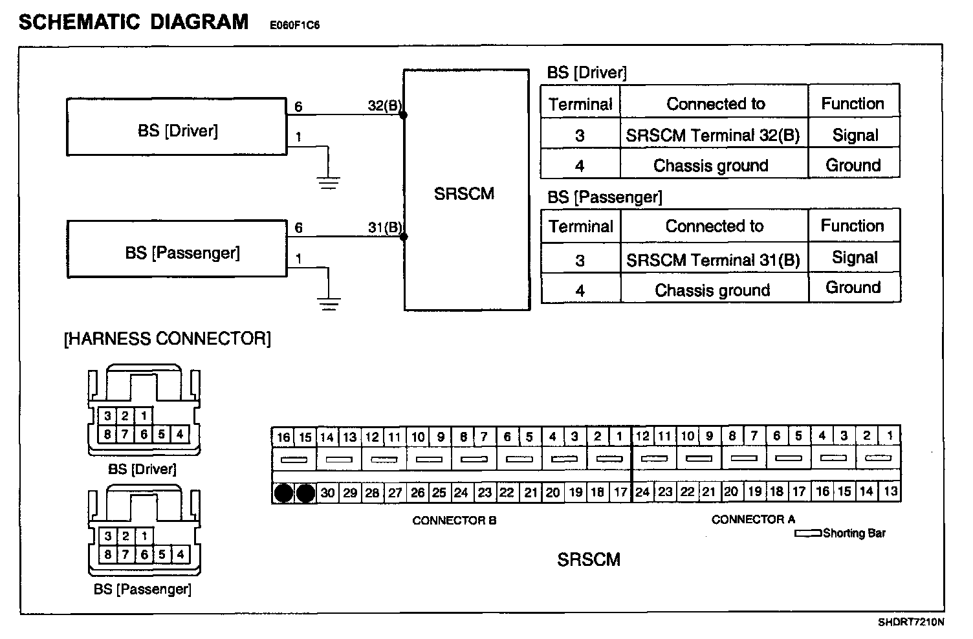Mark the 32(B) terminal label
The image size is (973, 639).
[x=384, y=106]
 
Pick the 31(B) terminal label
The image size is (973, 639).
[x=384, y=228]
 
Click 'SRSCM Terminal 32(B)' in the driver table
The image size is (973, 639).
[x=713, y=135]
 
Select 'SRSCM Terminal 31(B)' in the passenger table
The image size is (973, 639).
[x=713, y=260]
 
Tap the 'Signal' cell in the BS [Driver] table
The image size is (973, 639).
[x=855, y=135]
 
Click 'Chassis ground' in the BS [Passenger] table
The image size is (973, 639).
[x=712, y=290]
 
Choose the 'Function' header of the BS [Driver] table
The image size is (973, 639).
[x=853, y=103]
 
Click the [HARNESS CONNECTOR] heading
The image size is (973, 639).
[x=167, y=339]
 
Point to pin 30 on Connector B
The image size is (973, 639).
[x=328, y=493]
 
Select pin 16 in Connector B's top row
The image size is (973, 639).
[x=283, y=437]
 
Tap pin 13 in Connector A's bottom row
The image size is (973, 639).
[x=890, y=492]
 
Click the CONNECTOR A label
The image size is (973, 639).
[x=753, y=519]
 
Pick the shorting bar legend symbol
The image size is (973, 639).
[x=808, y=534]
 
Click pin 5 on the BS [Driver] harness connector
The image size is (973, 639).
[x=162, y=434]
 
